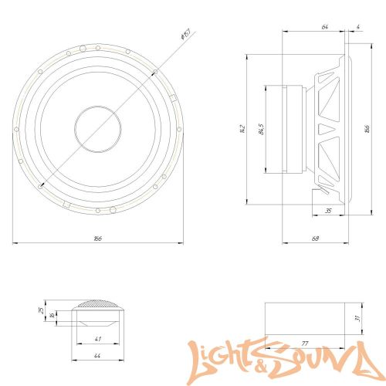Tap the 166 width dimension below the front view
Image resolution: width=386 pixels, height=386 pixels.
coord(97,239)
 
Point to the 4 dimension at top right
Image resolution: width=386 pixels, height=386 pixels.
coord(359,27)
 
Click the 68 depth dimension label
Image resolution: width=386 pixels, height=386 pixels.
coord(316,239)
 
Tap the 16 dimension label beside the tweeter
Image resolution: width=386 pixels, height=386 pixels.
coord(52,314)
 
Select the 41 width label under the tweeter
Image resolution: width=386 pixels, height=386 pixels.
coord(97,339)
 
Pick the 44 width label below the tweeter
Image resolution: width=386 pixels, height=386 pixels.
coord(97,356)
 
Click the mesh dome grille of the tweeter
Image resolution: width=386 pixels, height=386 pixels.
coord(98,306)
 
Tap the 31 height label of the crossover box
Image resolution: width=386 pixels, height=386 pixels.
coord(357,317)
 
